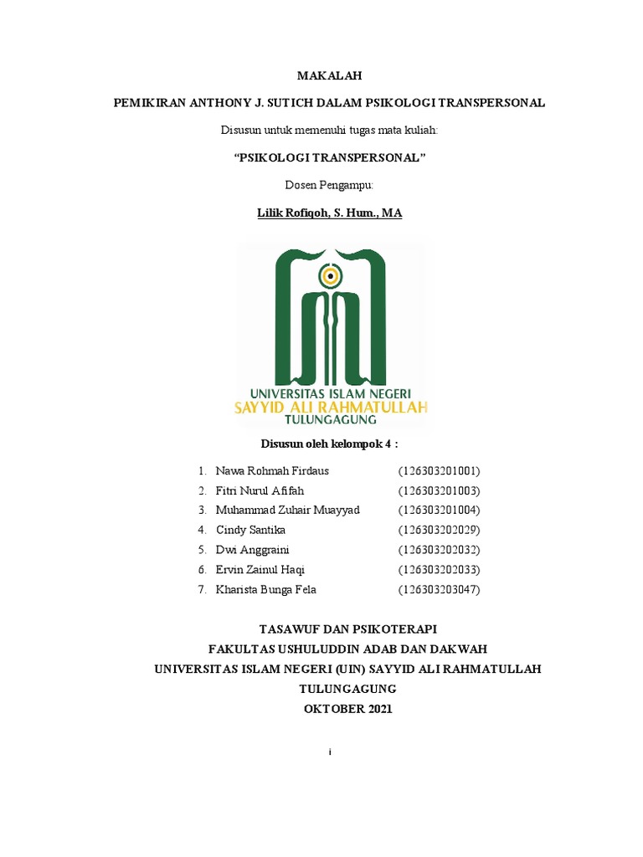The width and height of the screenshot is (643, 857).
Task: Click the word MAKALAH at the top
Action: pyautogui.click(x=329, y=75)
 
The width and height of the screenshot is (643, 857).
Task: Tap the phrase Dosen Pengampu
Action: pyautogui.click(x=329, y=185)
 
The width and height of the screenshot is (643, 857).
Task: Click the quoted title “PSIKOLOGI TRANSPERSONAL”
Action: pyautogui.click(x=329, y=158)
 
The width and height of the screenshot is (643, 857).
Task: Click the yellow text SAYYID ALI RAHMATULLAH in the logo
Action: pyautogui.click(x=330, y=408)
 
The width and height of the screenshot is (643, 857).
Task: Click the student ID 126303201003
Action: pyautogui.click(x=439, y=491)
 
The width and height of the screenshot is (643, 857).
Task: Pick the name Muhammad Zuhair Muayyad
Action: pyautogui.click(x=287, y=511)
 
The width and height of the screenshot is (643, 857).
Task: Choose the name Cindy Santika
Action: pyautogui.click(x=251, y=531)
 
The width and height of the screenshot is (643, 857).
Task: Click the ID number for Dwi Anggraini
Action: pyautogui.click(x=439, y=550)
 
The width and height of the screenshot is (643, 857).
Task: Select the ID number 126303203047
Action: pyautogui.click(x=439, y=590)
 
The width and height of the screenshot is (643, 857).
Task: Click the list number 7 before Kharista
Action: pyautogui.click(x=202, y=590)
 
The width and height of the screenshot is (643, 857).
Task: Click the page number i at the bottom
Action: pyautogui.click(x=331, y=752)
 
